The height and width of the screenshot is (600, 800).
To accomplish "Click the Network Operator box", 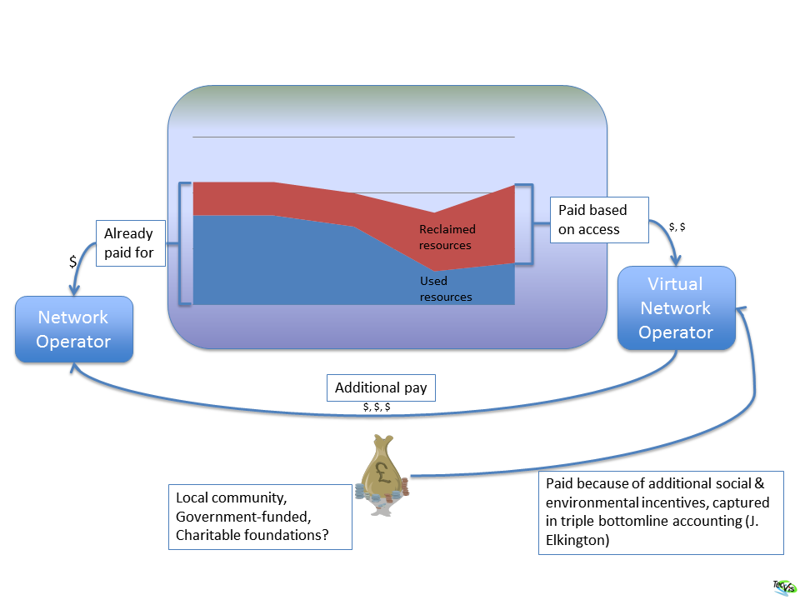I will (74, 329).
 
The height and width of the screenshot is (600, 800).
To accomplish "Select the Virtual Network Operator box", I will (676, 307).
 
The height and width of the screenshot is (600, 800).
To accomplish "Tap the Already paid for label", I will (129, 243).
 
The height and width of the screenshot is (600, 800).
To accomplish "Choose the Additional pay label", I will (380, 387).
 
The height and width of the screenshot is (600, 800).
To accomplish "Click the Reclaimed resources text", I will (447, 237).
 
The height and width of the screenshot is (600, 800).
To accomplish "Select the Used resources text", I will (446, 289).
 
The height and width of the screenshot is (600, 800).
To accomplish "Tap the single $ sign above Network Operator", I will (72, 262).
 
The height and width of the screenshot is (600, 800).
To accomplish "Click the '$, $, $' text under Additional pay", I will (377, 407).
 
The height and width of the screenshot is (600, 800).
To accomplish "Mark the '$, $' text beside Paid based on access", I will (677, 227).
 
